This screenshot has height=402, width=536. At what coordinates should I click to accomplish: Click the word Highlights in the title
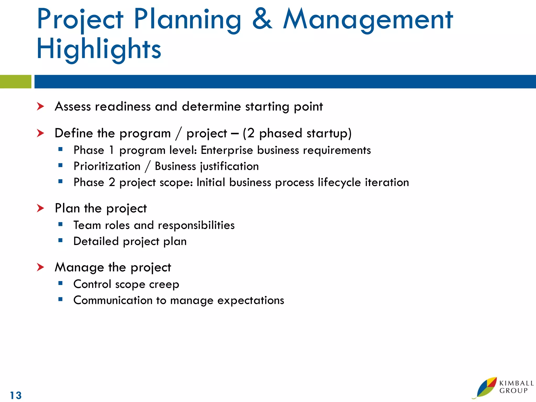[x=99, y=49]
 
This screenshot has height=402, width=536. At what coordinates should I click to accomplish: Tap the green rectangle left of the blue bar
[x=15, y=82]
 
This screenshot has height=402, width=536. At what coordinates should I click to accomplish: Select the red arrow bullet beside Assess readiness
[x=40, y=107]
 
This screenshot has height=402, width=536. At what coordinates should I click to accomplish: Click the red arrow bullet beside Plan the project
[x=40, y=208]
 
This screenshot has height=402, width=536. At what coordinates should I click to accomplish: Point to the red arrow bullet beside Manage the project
[x=40, y=267]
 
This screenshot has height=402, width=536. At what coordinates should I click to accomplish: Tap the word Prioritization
[x=107, y=166]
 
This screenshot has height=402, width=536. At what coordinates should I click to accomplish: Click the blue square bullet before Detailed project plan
[x=60, y=240]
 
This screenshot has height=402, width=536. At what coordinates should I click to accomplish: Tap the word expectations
[x=250, y=300]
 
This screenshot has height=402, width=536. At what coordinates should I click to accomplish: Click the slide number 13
[x=16, y=395]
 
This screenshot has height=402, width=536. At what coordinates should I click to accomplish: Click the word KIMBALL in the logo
[x=516, y=383]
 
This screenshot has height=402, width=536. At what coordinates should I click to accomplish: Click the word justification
[x=229, y=166]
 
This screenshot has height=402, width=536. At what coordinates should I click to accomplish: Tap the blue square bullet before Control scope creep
[x=60, y=283]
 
